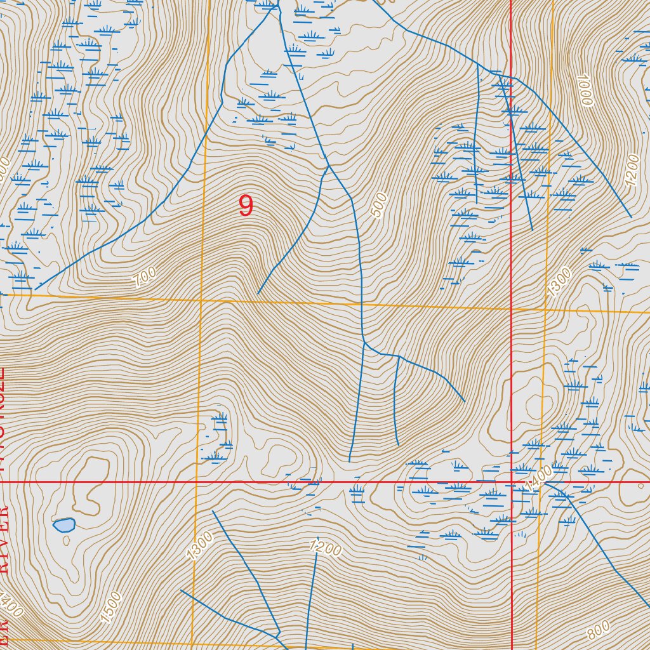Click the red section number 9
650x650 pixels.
click(246, 206)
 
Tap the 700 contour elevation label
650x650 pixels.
click(145, 277)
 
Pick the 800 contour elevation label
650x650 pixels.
click(599, 630)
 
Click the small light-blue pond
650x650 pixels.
click(64, 525)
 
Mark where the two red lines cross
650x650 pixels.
click(512, 482)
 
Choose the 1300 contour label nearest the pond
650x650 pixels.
click(200, 545)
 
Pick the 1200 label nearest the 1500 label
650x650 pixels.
click(326, 547)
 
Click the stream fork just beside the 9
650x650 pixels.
click(328, 167)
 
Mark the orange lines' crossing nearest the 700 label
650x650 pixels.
click(201, 299)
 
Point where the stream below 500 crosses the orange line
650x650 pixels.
click(362, 305)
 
